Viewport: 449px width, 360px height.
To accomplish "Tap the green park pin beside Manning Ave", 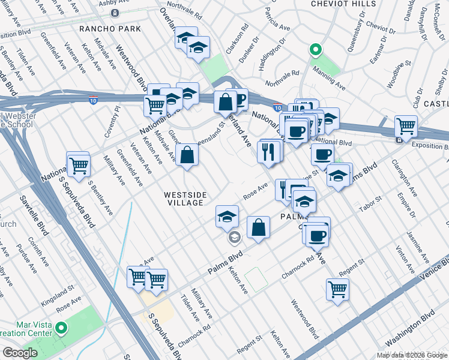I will (313, 50).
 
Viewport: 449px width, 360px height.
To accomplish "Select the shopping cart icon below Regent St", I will (338, 289).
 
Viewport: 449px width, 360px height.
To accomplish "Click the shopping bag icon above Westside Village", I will (188, 155).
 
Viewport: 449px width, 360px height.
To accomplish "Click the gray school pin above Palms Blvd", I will (234, 238).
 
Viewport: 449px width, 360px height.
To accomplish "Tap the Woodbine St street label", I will (399, 73).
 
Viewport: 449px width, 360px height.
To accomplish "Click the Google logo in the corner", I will (20, 353).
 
